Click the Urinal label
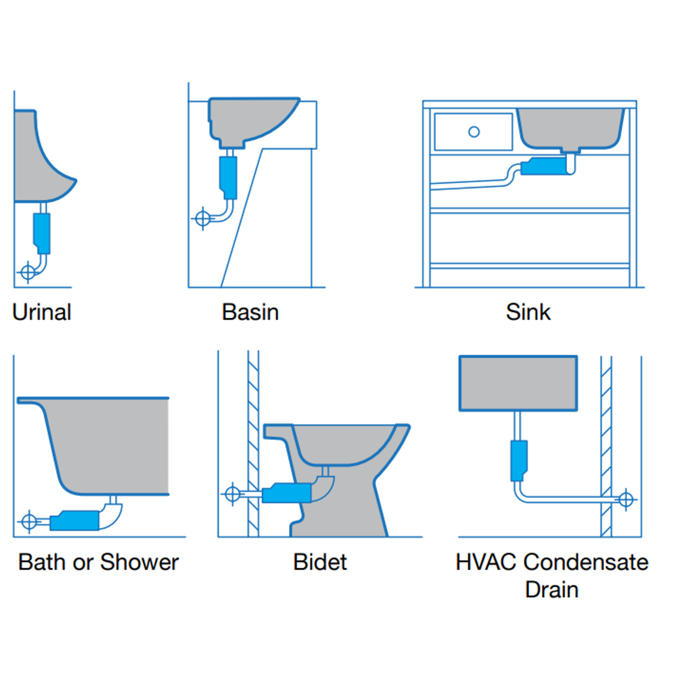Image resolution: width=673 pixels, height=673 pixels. (42, 312)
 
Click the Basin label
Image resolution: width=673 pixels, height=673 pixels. (250, 312)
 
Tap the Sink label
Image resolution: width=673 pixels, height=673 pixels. (528, 312)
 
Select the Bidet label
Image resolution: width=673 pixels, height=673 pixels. (320, 562)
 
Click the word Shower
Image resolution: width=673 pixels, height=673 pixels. (140, 562)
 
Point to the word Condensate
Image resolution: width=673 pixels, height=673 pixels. (585, 562)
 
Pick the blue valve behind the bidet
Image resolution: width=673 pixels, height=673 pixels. (287, 494)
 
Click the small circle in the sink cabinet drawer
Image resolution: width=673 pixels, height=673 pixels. (474, 131)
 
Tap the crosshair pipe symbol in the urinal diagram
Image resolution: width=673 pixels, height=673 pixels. (27, 272)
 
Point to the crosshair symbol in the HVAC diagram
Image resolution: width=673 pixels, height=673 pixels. (626, 499)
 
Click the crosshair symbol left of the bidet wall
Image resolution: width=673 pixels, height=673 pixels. (232, 494)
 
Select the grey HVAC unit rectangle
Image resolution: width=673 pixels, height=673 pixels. (517, 383)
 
